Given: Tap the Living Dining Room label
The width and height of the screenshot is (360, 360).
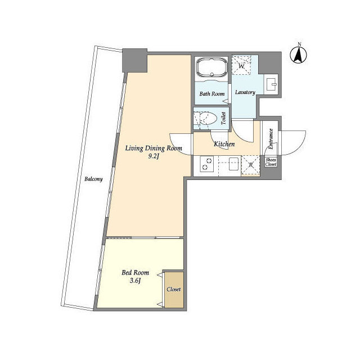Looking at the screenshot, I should click(x=154, y=148).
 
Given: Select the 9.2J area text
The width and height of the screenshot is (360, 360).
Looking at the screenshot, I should click(x=154, y=157).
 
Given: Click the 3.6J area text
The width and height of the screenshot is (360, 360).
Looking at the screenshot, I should click(x=134, y=281).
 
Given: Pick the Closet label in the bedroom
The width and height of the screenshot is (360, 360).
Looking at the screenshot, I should click(x=173, y=289).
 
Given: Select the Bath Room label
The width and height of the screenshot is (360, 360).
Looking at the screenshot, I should click(x=211, y=93).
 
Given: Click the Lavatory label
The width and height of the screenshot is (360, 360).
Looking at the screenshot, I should click(x=245, y=92).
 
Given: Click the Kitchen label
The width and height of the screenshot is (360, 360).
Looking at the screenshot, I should click(x=224, y=145).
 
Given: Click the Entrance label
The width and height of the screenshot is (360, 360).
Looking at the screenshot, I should click(x=270, y=139).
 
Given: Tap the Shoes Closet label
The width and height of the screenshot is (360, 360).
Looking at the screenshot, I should click(x=271, y=163).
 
